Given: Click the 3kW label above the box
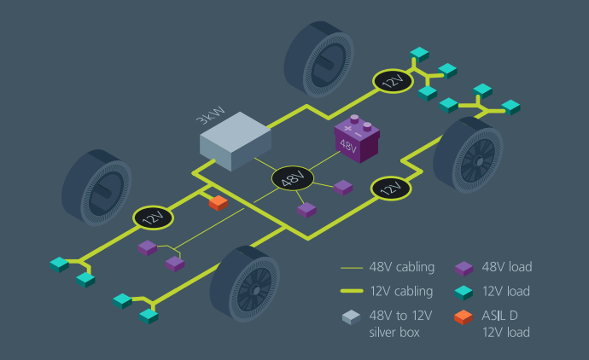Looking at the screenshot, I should [x=211, y=115].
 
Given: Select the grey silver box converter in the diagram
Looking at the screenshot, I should [x=236, y=141].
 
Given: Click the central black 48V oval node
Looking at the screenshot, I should [x=293, y=179].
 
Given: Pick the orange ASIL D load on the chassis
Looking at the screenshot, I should [x=218, y=202].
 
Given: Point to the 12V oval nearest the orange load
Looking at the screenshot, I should [x=153, y=218].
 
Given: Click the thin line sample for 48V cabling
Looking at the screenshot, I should [x=351, y=268].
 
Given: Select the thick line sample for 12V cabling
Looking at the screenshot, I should [x=351, y=292].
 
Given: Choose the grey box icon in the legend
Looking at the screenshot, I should [x=351, y=317].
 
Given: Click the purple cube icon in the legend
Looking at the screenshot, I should [x=464, y=268].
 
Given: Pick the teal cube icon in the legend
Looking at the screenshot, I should [x=464, y=292].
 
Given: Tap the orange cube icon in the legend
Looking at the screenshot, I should [x=464, y=317].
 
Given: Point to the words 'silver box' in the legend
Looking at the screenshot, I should [x=394, y=332].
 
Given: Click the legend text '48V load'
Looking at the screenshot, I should [x=506, y=267].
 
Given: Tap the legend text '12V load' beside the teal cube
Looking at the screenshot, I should [x=506, y=291].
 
